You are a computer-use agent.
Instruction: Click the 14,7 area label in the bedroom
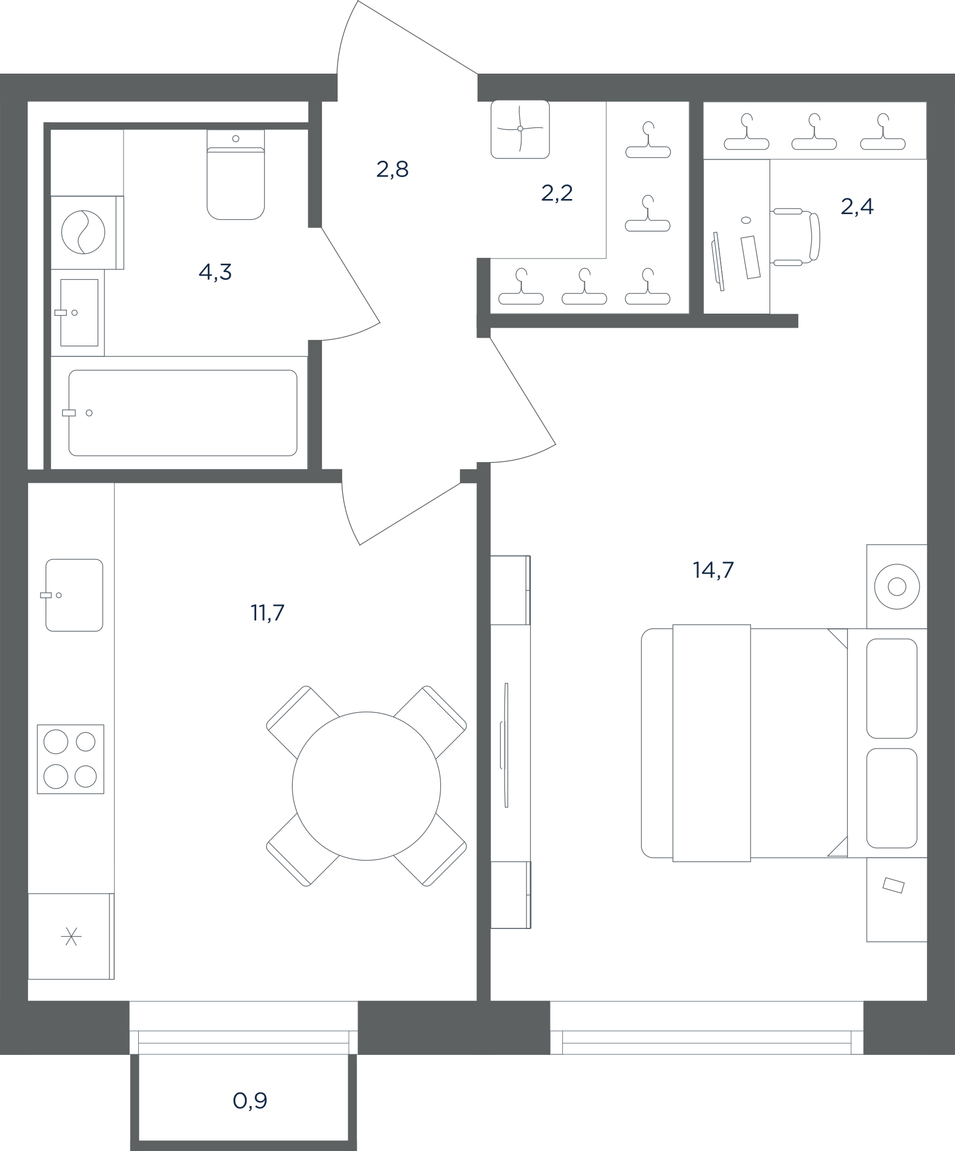tap(713, 570)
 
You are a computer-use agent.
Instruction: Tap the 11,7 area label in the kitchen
tap(267, 613)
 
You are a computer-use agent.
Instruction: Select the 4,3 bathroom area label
tap(215, 273)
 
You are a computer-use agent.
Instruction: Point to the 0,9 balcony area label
tap(250, 1100)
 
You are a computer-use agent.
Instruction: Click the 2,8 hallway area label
tap(392, 169)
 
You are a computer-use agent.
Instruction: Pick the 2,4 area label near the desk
tap(857, 207)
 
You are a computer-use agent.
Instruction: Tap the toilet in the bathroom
tap(235, 174)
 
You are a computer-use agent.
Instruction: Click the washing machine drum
tap(83, 232)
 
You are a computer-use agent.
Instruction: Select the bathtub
tap(183, 413)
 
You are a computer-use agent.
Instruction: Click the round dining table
tap(366, 786)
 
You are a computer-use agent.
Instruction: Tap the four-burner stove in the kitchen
tap(71, 759)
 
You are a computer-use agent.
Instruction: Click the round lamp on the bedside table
tap(897, 587)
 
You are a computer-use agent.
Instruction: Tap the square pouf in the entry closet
tap(520, 129)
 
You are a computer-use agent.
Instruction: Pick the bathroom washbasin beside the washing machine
tap(79, 312)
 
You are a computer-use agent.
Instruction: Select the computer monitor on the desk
tap(718, 261)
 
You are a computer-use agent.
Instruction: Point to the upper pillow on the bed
tap(892, 688)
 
